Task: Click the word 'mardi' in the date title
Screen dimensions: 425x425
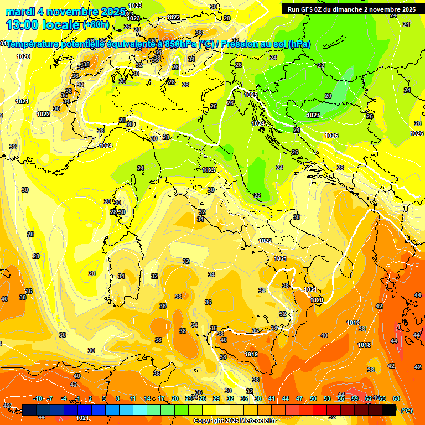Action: coord(20,12)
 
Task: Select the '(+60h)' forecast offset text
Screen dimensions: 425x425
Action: coord(96,25)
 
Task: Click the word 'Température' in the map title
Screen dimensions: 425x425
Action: coord(33,44)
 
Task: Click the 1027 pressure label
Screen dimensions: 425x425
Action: coord(313,115)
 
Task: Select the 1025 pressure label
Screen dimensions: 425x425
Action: coord(251,95)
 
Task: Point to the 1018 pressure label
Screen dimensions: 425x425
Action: coord(364,345)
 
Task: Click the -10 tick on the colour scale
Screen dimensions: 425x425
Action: coord(38,398)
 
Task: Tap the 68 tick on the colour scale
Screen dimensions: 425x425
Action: coord(396,398)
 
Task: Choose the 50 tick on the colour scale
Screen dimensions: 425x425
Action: coord(313,398)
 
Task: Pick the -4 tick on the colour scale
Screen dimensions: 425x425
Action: coord(64,398)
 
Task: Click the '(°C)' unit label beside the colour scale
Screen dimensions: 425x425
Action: coord(406,411)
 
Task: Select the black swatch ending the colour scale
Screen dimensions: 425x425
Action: coord(389,410)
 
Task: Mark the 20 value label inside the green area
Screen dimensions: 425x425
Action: coord(328,96)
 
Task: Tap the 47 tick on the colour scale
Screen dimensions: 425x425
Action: coord(299,398)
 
